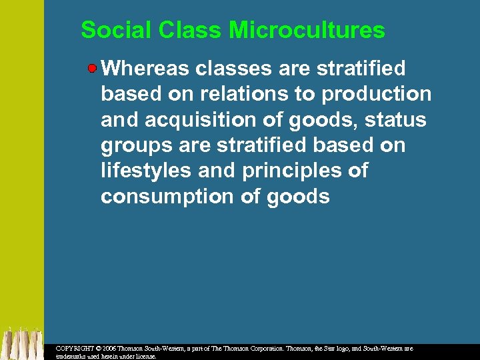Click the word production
click(x=377, y=94)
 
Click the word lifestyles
click(x=146, y=171)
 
